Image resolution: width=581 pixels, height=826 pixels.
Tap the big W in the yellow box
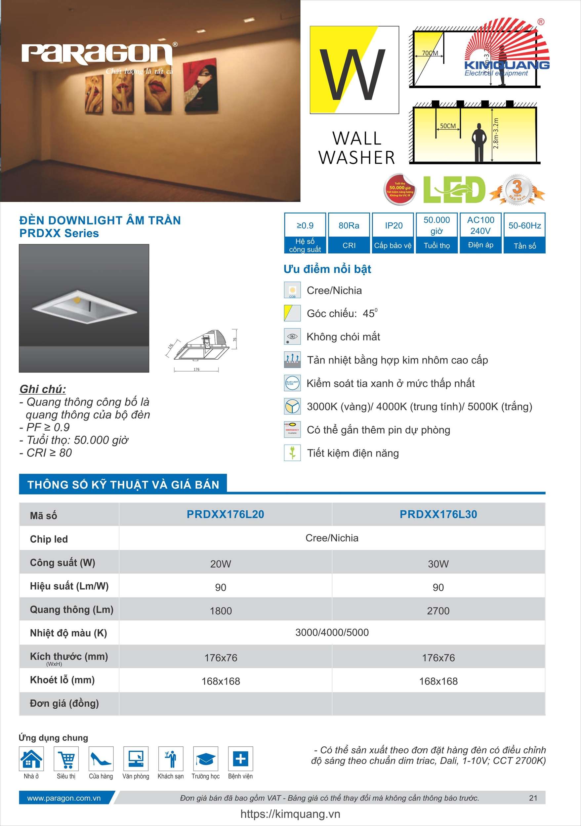tap(352, 74)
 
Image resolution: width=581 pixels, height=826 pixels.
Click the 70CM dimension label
tap(430, 53)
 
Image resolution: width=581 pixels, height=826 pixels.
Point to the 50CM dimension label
tap(448, 126)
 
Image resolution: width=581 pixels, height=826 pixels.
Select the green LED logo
tap(454, 190)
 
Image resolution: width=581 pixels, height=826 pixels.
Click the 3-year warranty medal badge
tap(517, 190)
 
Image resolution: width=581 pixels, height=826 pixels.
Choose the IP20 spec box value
tap(394, 225)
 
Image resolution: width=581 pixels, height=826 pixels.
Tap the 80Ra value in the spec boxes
tap(349, 225)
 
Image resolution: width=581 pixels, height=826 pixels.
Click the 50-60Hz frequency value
tap(524, 225)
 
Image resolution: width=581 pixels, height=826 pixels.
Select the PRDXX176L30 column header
tap(438, 514)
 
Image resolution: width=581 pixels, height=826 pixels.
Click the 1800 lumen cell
tap(221, 611)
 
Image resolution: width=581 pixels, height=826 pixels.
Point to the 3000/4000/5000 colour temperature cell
tap(332, 632)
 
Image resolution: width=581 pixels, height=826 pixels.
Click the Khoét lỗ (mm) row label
tap(62, 680)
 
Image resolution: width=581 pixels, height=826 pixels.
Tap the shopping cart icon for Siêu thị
tap(66, 759)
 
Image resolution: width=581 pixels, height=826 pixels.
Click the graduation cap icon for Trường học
tap(206, 759)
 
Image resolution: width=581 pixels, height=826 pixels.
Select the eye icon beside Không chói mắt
tap(292, 337)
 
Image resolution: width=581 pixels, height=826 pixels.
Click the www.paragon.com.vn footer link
tap(64, 798)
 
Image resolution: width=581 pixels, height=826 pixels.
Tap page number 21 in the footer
tap(533, 798)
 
